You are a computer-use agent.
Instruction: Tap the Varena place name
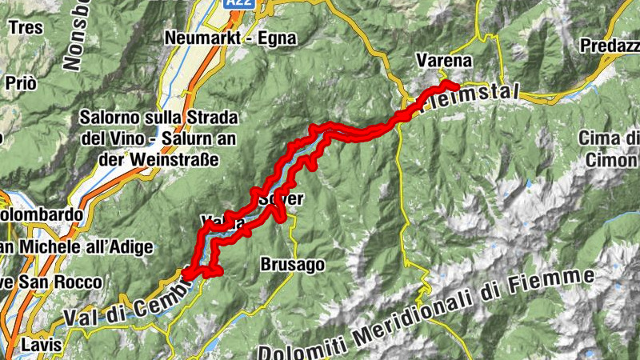(444, 60)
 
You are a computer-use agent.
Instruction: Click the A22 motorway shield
(240, 5)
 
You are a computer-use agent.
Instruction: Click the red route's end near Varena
(454, 87)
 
